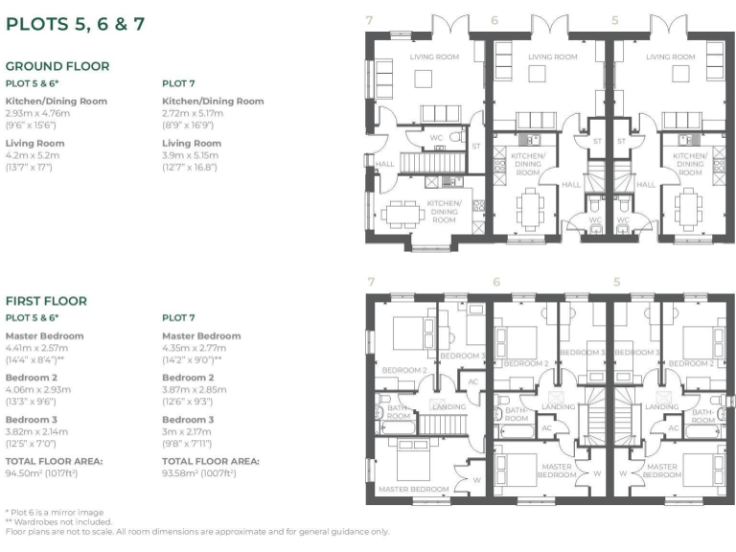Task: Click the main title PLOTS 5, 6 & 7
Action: (76, 24)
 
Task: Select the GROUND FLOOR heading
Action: (57, 66)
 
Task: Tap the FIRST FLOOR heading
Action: (46, 301)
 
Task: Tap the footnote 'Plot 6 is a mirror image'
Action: (56, 512)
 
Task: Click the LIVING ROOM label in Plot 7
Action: (434, 57)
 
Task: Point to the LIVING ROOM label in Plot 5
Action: (670, 57)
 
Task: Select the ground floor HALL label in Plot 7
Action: (384, 164)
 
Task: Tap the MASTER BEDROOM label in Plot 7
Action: (414, 489)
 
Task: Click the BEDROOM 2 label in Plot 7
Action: (403, 369)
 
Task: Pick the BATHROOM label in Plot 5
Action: (703, 413)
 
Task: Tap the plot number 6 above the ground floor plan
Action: (494, 19)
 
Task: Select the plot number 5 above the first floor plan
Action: (616, 282)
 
